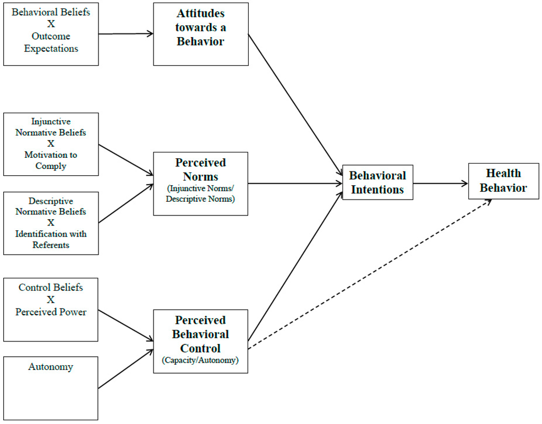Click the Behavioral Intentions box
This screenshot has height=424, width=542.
[377, 183]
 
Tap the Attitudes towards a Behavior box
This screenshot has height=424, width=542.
[201, 34]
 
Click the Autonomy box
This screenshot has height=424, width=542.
[51, 388]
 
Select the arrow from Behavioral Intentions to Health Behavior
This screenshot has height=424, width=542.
[440, 184]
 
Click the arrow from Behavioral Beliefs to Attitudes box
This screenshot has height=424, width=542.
[126, 34]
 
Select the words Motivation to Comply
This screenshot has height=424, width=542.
[51, 160]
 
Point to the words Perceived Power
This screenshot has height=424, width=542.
[51, 312]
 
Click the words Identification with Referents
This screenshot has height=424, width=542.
[51, 239]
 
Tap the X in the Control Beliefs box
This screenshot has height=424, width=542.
[51, 300]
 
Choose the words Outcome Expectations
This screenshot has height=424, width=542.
[51, 42]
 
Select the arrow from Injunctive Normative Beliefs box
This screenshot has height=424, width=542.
[126, 159]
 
